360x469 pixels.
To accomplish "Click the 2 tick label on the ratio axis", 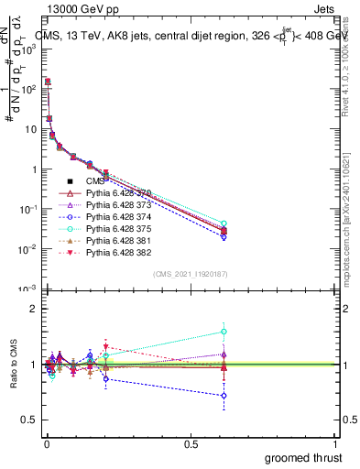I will point(30,309).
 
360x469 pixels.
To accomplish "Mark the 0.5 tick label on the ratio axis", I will point(27,421).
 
